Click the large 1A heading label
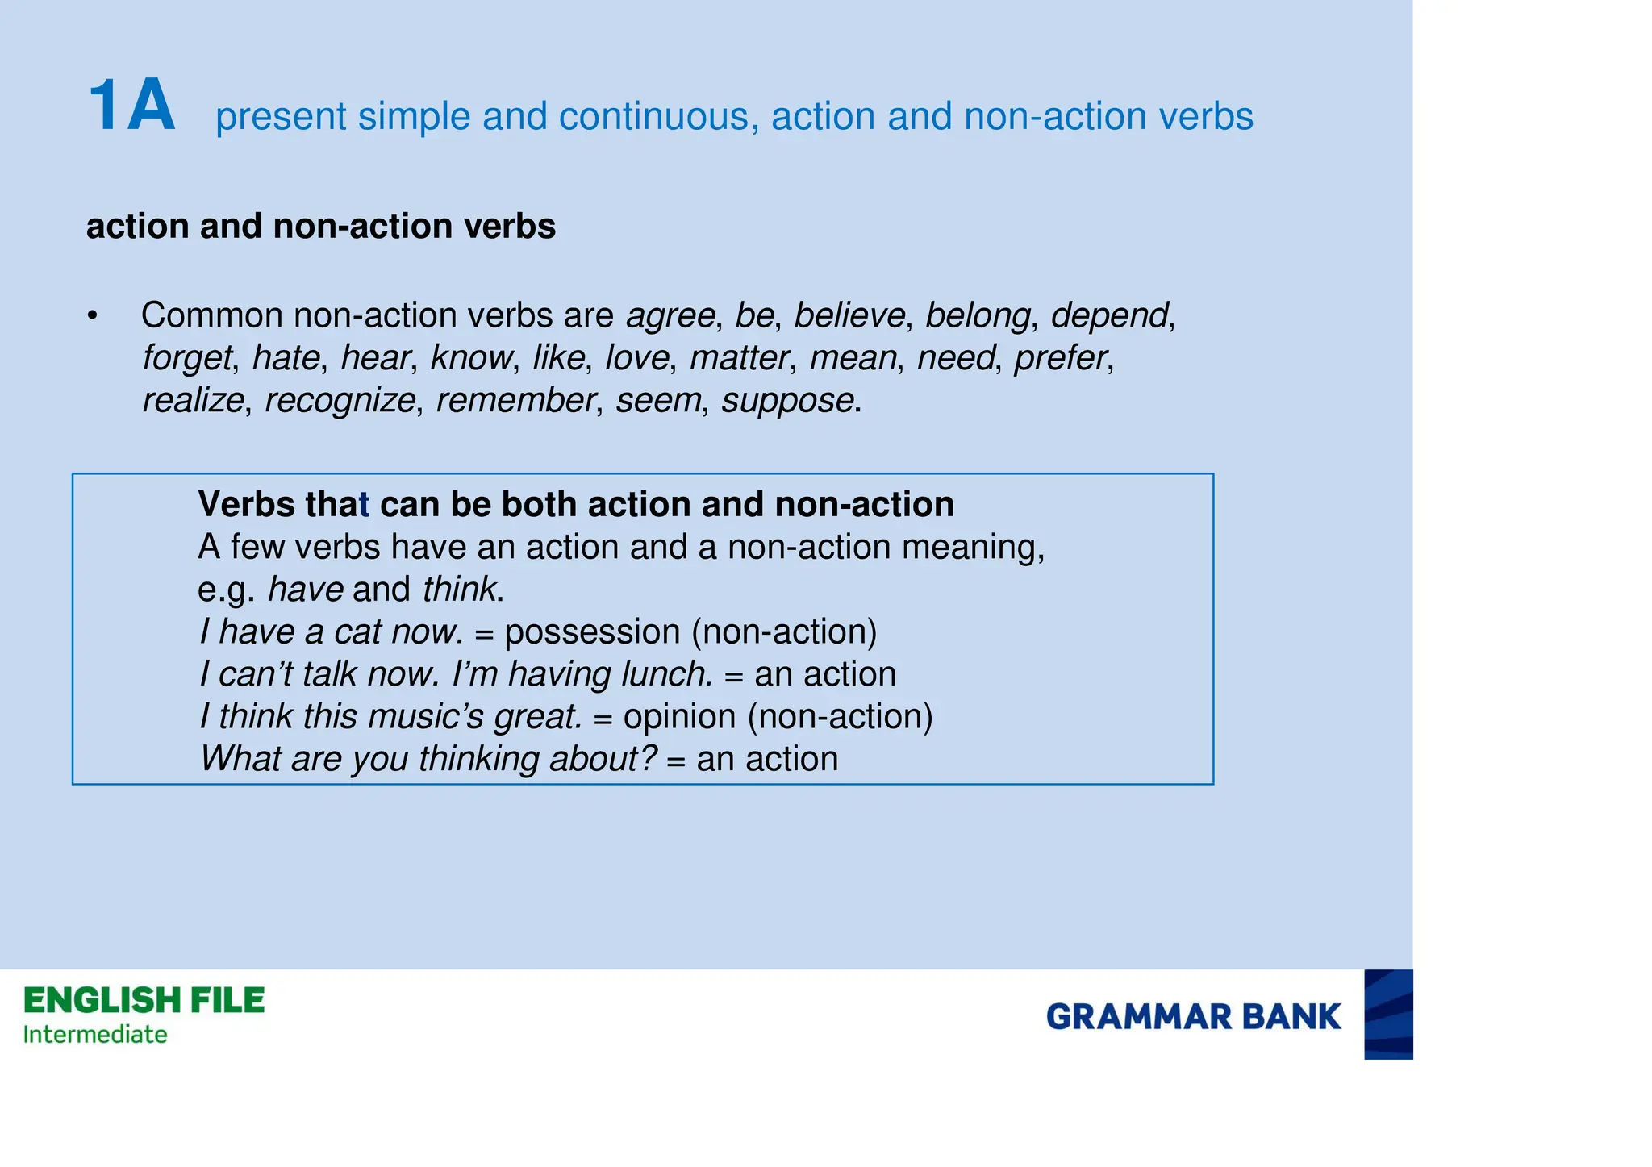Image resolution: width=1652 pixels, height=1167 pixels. point(131,106)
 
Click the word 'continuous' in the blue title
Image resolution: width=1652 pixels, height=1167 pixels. point(658,117)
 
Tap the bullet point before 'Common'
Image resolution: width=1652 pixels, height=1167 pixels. point(93,316)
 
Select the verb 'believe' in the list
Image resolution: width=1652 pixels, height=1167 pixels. point(849,315)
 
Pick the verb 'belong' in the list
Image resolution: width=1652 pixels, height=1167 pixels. point(978,315)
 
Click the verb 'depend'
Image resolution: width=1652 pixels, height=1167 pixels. point(1109,315)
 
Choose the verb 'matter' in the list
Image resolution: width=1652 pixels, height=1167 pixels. point(738,358)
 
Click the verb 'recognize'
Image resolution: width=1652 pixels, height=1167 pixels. point(340,401)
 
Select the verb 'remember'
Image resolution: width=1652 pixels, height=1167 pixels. point(515,401)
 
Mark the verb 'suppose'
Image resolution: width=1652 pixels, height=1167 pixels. point(787,401)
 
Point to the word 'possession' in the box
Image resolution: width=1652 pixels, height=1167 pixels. point(592,632)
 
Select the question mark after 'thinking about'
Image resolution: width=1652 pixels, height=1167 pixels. point(648,759)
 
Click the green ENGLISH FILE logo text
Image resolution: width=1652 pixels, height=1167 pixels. point(144,1001)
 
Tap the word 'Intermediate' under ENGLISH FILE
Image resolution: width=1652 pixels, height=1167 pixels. point(95,1035)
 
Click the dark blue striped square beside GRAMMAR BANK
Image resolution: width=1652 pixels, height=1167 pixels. point(1388,1015)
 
